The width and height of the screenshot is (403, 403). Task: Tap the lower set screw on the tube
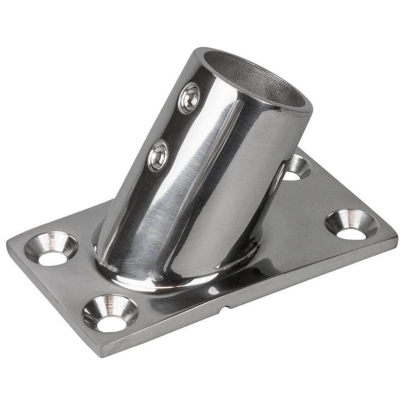158,156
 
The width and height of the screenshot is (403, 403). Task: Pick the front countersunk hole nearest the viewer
110,313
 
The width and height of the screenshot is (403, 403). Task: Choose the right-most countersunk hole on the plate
351,224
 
